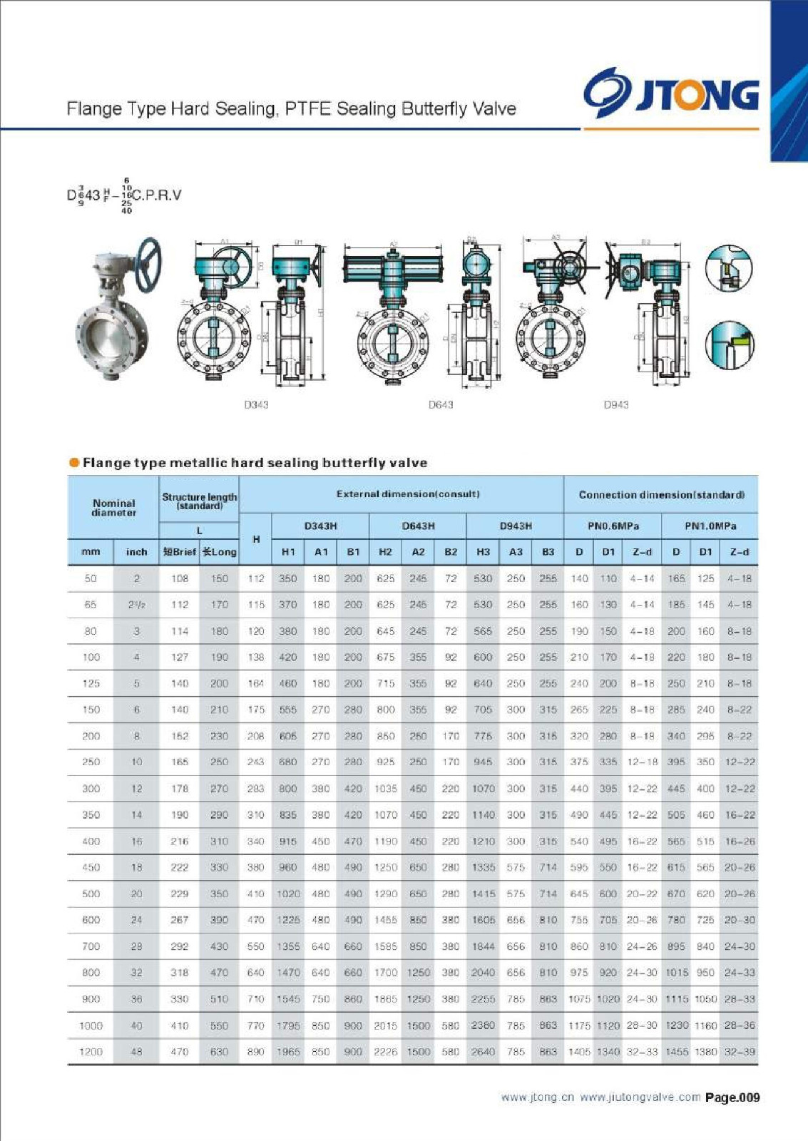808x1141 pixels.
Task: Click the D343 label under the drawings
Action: point(256,404)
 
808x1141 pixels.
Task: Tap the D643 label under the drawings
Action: point(441,404)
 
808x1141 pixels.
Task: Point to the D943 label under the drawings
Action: point(616,404)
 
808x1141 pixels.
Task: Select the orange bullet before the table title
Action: point(74,463)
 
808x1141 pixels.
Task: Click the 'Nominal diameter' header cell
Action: point(113,508)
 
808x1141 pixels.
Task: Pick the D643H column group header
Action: point(418,526)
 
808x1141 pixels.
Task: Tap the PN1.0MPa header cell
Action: point(710,526)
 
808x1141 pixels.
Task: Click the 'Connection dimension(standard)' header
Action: point(661,494)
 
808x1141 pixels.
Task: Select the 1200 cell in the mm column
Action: point(91,1052)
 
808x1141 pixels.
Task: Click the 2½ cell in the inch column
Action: point(136,605)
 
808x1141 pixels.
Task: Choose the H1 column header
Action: point(288,552)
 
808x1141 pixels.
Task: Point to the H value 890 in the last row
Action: point(255,1052)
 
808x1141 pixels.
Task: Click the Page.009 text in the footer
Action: point(732,1097)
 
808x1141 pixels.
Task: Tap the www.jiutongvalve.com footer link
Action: point(640,1097)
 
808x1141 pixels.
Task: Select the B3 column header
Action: point(548,552)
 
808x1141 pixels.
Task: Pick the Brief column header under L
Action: point(179,552)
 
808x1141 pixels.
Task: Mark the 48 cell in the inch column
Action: point(136,1052)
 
